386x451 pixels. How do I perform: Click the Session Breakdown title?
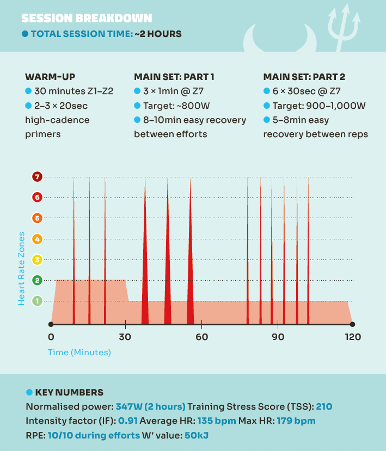tap(87, 18)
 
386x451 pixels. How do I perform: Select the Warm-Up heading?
tap(50, 77)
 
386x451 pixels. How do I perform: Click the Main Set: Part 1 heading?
tap(174, 77)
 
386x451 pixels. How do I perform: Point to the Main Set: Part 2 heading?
tap(304, 77)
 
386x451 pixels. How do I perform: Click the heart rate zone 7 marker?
tap(37, 177)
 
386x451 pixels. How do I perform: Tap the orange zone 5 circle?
tap(37, 218)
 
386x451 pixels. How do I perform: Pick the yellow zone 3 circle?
tap(37, 260)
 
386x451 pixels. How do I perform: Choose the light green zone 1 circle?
tap(37, 301)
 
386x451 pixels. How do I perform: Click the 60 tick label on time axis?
tap(201, 337)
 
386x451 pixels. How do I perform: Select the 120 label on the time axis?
tap(353, 337)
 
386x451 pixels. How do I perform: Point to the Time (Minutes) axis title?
tap(79, 353)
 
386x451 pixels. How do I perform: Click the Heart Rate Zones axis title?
tap(21, 268)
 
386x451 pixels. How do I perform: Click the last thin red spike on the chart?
tap(308, 259)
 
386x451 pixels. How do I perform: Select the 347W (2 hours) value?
tap(151, 406)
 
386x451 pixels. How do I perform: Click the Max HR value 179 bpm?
tap(296, 421)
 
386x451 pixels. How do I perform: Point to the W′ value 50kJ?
tap(197, 435)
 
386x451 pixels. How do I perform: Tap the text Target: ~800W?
tap(176, 106)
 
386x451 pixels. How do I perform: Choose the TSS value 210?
tap(324, 406)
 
